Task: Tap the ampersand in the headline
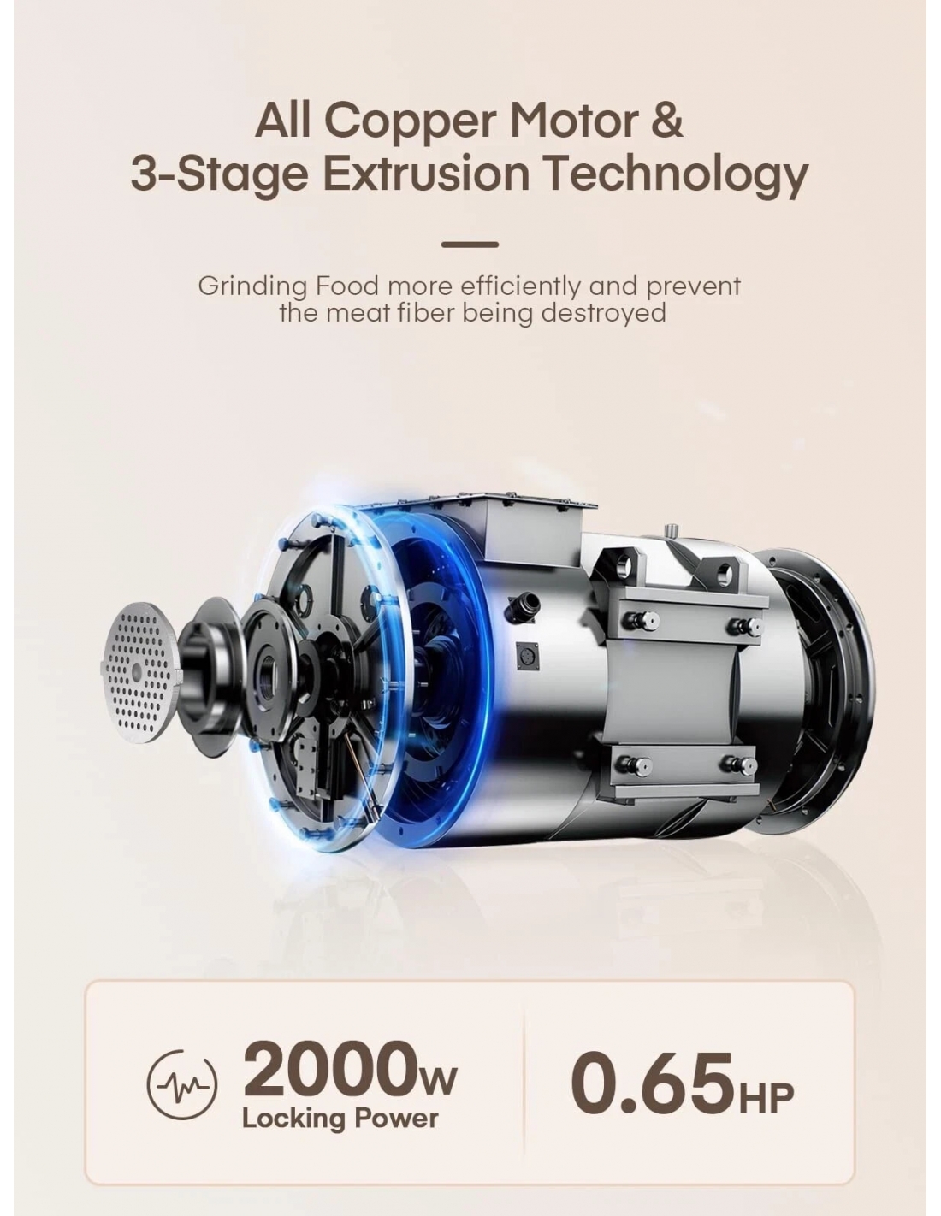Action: coord(666,120)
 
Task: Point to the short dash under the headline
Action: coord(469,245)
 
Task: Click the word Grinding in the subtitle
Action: coord(252,287)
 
